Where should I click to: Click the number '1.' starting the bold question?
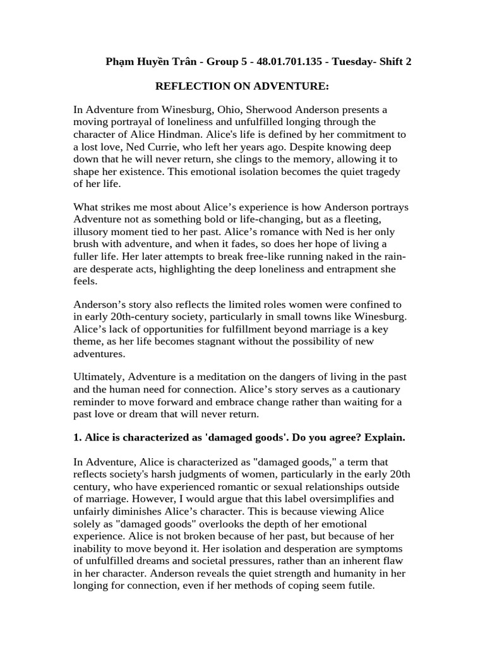(x=78, y=438)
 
